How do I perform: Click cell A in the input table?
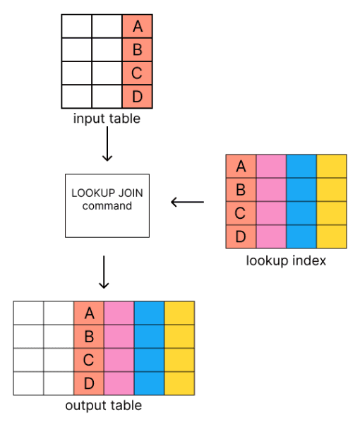pyautogui.click(x=137, y=27)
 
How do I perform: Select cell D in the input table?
pyautogui.click(x=137, y=95)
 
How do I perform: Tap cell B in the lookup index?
pyautogui.click(x=241, y=189)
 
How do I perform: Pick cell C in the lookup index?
pyautogui.click(x=241, y=212)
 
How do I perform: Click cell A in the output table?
pyautogui.click(x=89, y=313)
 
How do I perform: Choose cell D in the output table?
pyautogui.click(x=89, y=383)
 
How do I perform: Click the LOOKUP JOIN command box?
pyautogui.click(x=107, y=205)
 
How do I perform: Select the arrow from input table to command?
pyautogui.click(x=107, y=146)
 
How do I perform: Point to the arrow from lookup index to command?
pyautogui.click(x=187, y=203)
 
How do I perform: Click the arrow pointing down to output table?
pyautogui.click(x=104, y=272)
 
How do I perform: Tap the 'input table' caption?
pyautogui.click(x=107, y=119)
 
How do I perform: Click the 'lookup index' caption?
pyautogui.click(x=286, y=260)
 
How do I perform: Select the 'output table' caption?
pyautogui.click(x=103, y=406)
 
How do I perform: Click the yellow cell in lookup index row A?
pyautogui.click(x=332, y=166)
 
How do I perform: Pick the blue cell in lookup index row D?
pyautogui.click(x=301, y=236)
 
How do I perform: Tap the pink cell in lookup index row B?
pyautogui.click(x=271, y=189)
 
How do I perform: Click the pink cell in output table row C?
pyautogui.click(x=119, y=360)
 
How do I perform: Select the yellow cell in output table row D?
pyautogui.click(x=179, y=383)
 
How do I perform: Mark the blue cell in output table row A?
pyautogui.click(x=149, y=313)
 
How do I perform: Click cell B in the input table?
pyautogui.click(x=137, y=49)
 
